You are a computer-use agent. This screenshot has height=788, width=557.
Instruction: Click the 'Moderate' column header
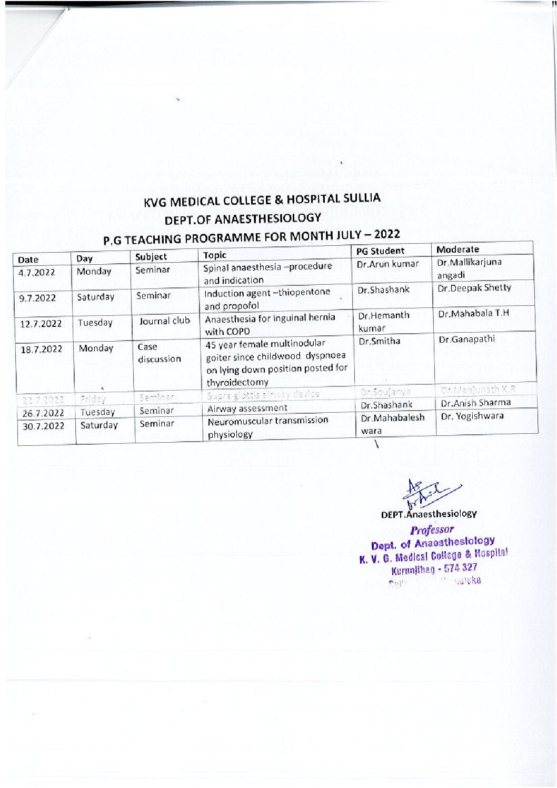tap(457, 249)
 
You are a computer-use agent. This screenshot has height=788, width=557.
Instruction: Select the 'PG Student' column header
tap(380, 251)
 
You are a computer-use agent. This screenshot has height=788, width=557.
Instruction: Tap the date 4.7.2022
tap(36, 272)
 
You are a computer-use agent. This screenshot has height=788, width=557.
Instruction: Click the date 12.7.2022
tap(40, 323)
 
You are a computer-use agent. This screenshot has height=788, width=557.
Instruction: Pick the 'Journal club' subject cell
tap(164, 321)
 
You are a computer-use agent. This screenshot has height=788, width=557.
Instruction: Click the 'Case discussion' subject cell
tap(158, 353)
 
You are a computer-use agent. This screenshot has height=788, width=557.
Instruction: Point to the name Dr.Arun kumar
tap(387, 264)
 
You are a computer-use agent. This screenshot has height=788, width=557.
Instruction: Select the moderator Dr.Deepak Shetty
tap(474, 287)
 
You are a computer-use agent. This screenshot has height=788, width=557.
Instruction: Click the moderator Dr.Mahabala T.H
tap(473, 313)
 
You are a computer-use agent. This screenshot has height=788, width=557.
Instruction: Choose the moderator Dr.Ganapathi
tap(466, 339)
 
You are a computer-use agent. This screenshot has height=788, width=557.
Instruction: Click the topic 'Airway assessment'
tap(247, 408)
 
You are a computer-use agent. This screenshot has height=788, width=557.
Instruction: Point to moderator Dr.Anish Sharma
tap(475, 403)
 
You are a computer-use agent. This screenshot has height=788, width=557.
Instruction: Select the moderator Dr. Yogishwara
tap(472, 416)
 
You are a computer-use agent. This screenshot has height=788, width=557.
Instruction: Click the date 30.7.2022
tap(43, 426)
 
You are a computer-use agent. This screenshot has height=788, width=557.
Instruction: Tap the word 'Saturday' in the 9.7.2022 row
tap(95, 297)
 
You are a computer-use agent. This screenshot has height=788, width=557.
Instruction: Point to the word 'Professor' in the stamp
tap(432, 530)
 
